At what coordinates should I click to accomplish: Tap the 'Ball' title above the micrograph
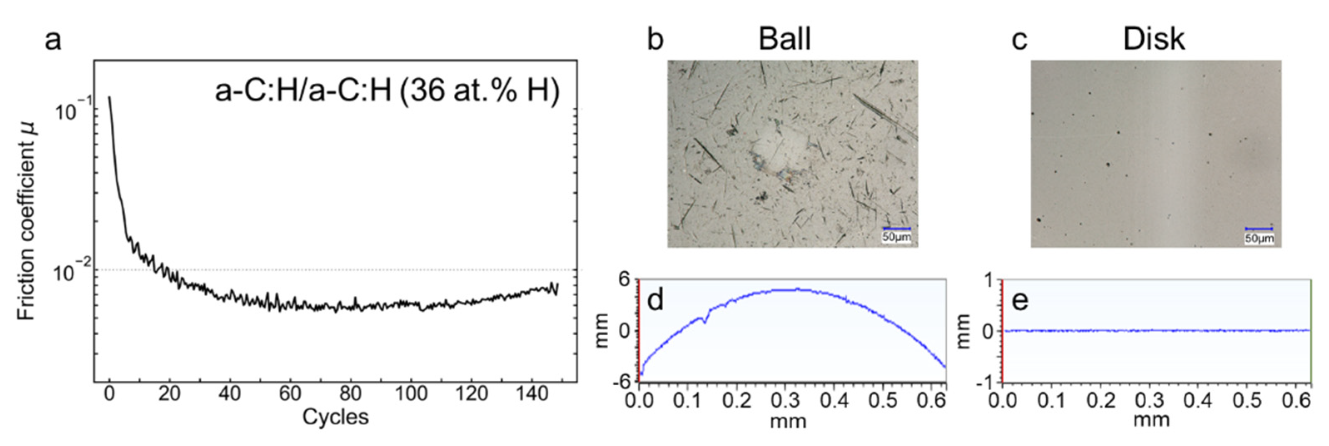[x=784, y=39]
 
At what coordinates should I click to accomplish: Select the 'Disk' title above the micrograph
[x=1154, y=39]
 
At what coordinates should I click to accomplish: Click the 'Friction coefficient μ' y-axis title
[x=26, y=221]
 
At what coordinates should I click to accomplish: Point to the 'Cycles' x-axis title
[x=335, y=416]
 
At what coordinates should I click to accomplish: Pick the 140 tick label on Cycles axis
[x=532, y=394]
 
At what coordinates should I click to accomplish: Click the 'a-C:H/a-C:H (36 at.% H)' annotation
[x=387, y=92]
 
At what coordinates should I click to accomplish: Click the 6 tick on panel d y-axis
[x=624, y=280]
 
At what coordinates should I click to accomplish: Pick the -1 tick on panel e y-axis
[x=986, y=382]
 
